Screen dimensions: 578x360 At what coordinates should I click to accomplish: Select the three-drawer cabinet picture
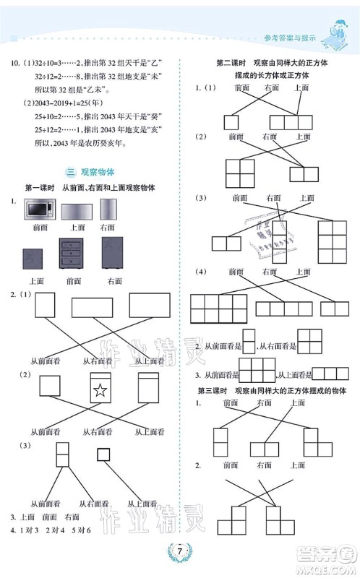click(74, 256)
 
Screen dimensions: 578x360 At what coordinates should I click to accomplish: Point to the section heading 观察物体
click(104, 172)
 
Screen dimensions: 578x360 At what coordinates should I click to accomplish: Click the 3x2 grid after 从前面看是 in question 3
click(257, 371)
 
